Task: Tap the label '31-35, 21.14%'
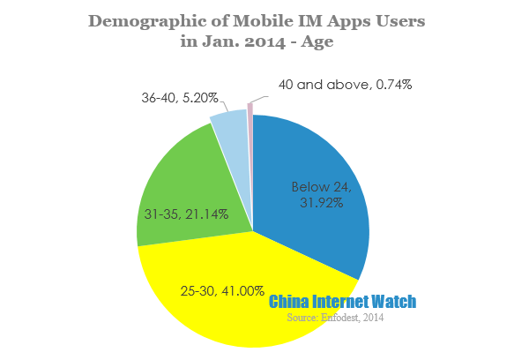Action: pyautogui.click(x=187, y=214)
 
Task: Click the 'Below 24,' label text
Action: pyautogui.click(x=322, y=186)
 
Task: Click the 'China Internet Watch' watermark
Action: pyautogui.click(x=342, y=302)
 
